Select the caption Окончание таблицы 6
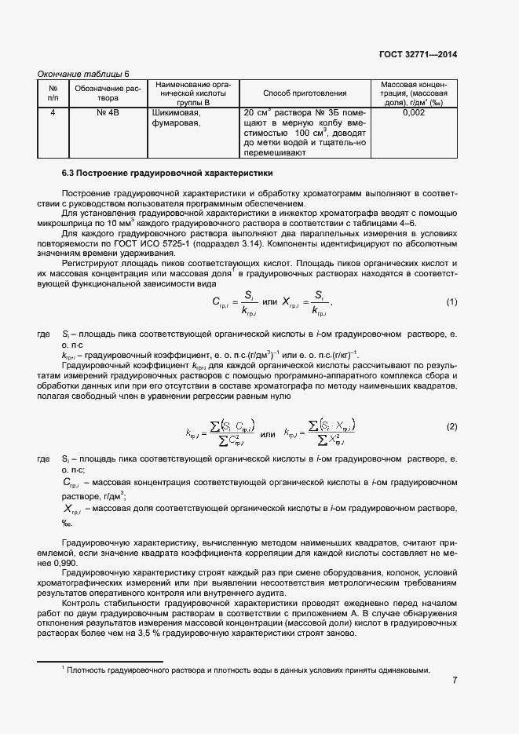point(83,73)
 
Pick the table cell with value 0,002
point(413,113)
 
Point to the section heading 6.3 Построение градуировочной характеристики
point(167,172)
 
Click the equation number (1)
point(451,302)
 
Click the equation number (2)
point(451,426)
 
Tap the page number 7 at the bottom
point(455,680)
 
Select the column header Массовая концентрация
point(413,93)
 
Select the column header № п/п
point(53,93)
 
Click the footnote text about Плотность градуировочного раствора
point(249,670)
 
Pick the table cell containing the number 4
point(53,113)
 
